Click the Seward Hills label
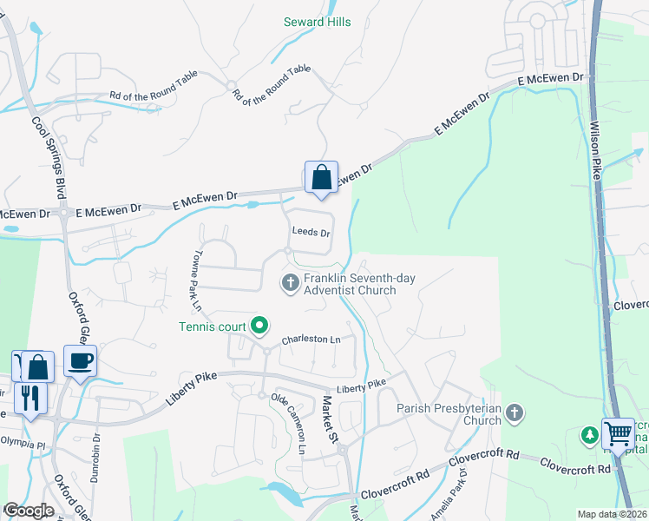click(318, 22)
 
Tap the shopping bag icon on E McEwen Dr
click(321, 178)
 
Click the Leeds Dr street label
click(311, 233)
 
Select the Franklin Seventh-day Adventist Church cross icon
click(290, 281)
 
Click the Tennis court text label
click(213, 326)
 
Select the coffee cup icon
click(80, 361)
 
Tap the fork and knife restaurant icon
click(31, 399)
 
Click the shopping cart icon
click(618, 432)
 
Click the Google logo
click(29, 511)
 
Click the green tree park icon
click(589, 433)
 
